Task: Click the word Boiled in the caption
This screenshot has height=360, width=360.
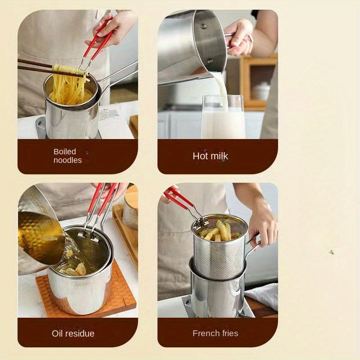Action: pos(65,152)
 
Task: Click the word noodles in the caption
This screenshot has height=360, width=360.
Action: pos(67,160)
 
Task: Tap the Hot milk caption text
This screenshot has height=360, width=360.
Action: pos(210,156)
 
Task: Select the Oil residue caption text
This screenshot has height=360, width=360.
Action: pos(73,333)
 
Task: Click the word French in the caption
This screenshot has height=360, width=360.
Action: pos(205,333)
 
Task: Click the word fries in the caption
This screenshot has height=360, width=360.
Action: pos(230,333)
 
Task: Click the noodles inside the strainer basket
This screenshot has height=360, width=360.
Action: pos(67,90)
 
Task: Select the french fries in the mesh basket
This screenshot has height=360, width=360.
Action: pos(220,230)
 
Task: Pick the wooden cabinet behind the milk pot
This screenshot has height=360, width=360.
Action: pos(256,81)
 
